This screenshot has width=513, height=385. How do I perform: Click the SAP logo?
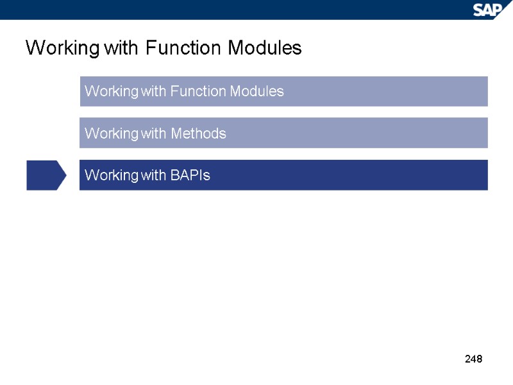(x=488, y=9)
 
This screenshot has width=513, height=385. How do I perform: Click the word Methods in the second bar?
(x=198, y=133)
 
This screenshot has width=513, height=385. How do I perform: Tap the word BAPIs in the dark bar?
(x=190, y=175)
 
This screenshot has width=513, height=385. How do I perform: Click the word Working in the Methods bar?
(x=111, y=133)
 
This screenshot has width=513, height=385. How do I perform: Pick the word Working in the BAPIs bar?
(x=111, y=175)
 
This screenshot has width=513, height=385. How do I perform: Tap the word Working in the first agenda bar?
(x=111, y=91)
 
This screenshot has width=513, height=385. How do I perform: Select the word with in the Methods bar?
(x=154, y=133)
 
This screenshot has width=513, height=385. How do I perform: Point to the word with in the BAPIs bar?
(x=154, y=175)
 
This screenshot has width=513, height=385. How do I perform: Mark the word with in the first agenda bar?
(x=154, y=91)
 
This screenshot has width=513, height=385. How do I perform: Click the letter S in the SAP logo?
(x=479, y=10)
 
